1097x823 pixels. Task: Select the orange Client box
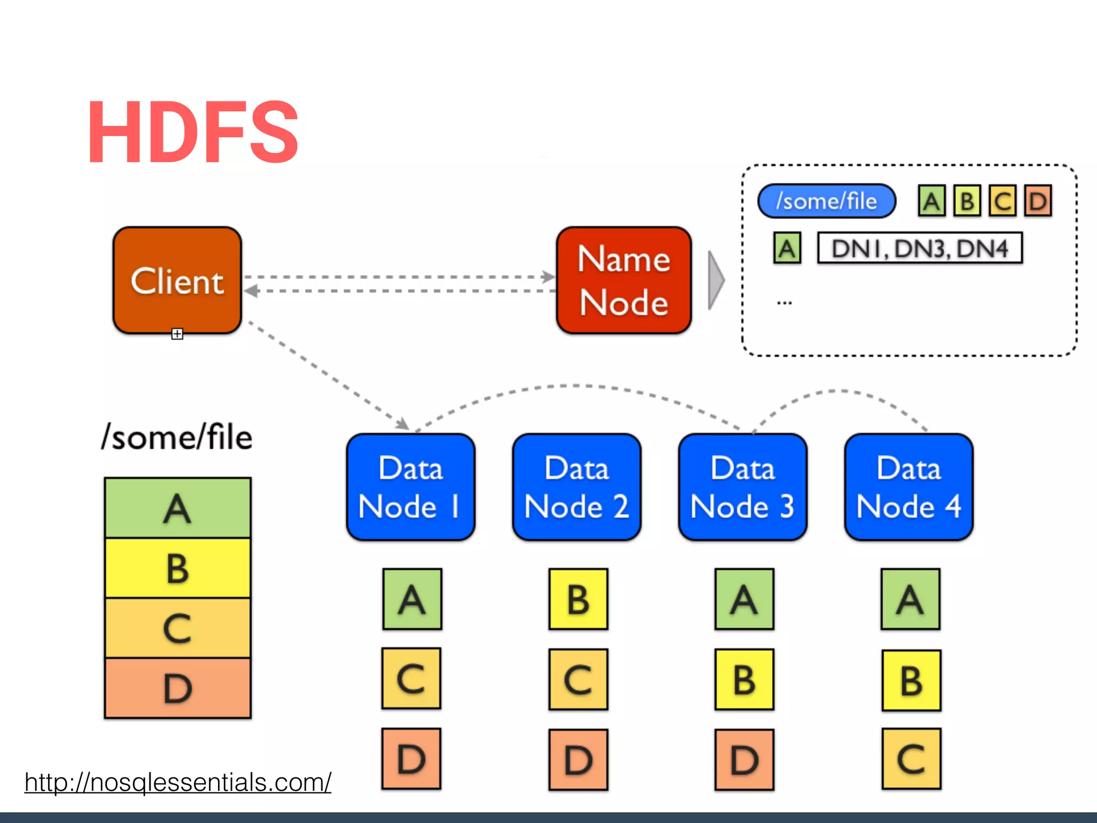177,280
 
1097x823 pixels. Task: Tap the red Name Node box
624,280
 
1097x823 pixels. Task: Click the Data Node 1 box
411,487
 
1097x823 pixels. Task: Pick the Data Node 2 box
577,487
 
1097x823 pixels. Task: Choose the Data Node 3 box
743,487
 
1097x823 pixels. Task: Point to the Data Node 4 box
909,487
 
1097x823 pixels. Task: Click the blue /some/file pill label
826,201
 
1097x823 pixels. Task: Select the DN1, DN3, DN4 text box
920,248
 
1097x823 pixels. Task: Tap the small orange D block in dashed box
1038,201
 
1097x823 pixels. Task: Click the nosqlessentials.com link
178,782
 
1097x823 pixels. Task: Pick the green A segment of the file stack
178,508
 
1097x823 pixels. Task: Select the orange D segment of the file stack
178,688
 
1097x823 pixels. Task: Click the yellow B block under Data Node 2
578,599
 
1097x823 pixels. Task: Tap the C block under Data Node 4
911,759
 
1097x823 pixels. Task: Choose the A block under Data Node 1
412,599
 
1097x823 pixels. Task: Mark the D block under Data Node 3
744,760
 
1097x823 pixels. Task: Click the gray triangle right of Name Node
716,280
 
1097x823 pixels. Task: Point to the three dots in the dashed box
784,303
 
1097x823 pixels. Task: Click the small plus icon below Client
177,334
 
